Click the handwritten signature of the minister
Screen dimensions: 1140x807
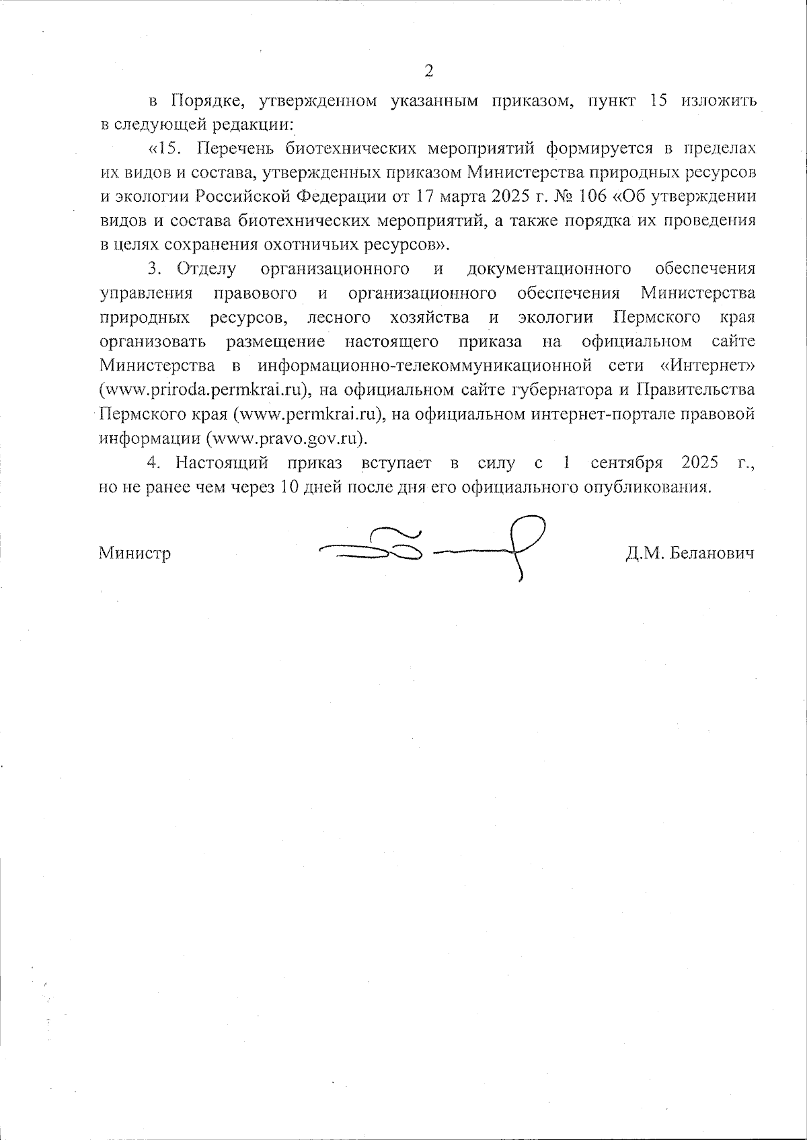[430, 548]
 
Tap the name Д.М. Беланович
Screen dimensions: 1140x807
[689, 553]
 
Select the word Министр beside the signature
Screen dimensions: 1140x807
[134, 553]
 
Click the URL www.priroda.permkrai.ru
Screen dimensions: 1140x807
[204, 390]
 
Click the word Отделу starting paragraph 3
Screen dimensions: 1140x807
[206, 269]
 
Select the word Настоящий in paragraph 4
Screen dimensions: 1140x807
[222, 463]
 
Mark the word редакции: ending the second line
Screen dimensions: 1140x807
[255, 126]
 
